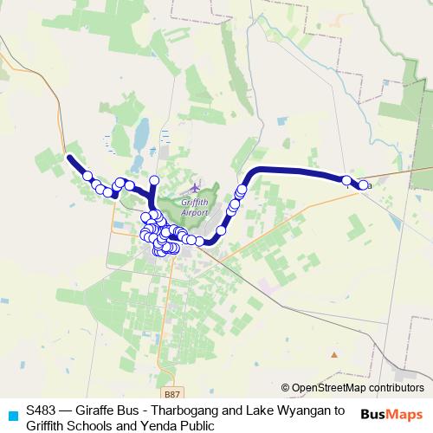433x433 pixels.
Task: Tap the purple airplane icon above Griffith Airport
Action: point(195,186)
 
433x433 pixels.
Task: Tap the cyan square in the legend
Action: point(12,414)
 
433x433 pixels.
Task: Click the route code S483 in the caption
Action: point(40,410)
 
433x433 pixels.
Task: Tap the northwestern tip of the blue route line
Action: point(69,157)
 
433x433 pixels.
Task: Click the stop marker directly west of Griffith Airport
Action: point(155,180)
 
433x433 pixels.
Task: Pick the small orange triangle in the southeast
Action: point(334,354)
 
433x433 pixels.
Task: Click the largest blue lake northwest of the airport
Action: point(140,134)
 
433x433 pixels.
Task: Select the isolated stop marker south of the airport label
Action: point(221,230)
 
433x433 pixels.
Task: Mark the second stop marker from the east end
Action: point(346,180)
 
